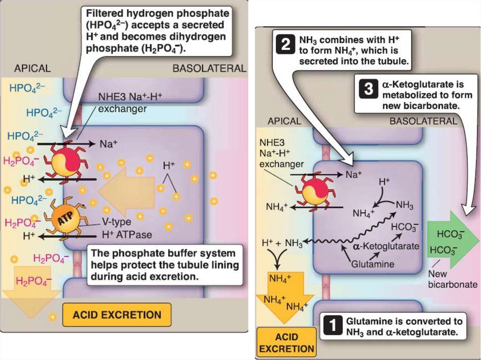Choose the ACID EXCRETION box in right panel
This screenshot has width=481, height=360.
(x=287, y=343)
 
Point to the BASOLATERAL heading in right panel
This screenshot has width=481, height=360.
(x=423, y=121)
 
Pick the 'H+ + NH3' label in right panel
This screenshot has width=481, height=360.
(x=282, y=243)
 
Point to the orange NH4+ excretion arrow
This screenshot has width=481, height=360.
(x=282, y=296)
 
